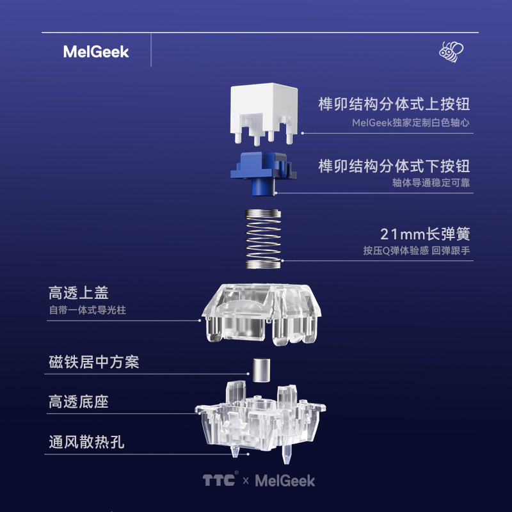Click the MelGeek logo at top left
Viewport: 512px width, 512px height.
point(96,52)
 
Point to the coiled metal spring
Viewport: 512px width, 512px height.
point(264,238)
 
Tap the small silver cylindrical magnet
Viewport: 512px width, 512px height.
point(260,369)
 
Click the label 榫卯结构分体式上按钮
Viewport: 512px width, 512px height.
point(394,104)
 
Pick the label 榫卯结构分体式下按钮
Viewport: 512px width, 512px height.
point(394,166)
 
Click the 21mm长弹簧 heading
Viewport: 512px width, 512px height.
point(425,233)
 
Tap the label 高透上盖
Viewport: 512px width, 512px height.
point(79,293)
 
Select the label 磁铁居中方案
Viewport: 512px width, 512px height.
point(94,363)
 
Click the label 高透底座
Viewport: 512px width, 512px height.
point(79,402)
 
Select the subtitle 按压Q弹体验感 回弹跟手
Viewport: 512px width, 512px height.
point(417,251)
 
